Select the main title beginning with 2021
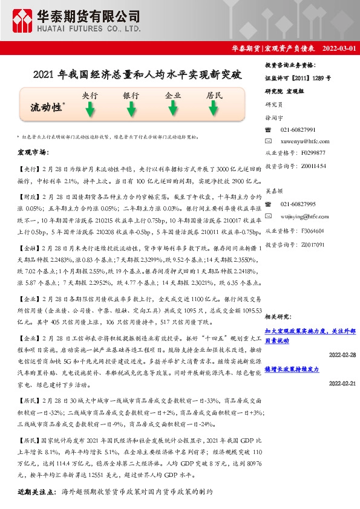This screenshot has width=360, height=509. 137,76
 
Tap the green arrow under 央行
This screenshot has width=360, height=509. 90,109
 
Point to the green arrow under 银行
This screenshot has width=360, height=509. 131,109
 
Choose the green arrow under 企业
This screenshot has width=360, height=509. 173,109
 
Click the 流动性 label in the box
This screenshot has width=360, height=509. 47,107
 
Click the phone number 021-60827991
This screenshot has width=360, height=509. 298,130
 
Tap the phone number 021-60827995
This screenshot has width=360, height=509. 298,204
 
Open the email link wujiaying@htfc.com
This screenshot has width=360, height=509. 304,215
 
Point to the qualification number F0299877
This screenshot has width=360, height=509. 313,153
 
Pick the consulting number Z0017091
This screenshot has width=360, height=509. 313,244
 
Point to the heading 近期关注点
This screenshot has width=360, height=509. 37,492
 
